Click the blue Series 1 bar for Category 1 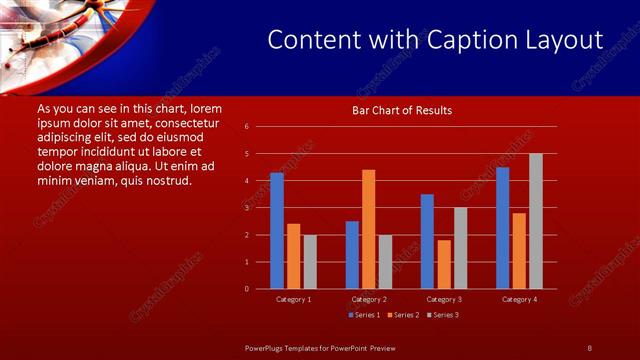click(x=277, y=231)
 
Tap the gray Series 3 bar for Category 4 click(x=536, y=221)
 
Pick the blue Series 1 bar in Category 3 click(x=427, y=241)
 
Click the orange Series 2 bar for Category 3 click(x=444, y=264)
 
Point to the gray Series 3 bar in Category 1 click(x=310, y=262)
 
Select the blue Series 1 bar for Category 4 click(x=502, y=228)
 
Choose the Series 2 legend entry click(x=403, y=315)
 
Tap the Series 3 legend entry click(x=443, y=315)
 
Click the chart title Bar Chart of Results click(x=402, y=110)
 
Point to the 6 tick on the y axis click(x=247, y=127)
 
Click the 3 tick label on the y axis click(x=247, y=208)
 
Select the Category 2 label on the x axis click(x=369, y=300)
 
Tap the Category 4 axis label click(x=519, y=300)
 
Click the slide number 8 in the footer click(x=590, y=347)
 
